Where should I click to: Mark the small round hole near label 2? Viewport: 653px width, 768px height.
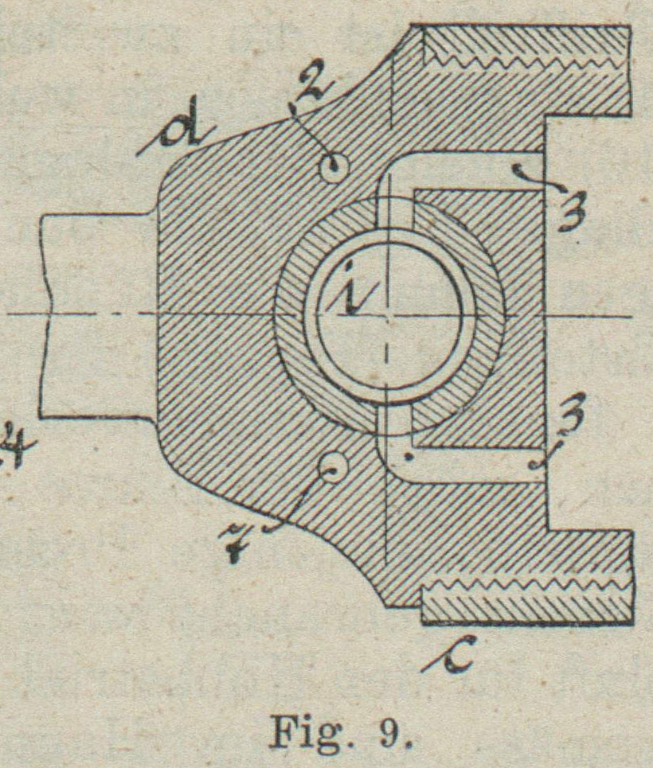tap(332, 166)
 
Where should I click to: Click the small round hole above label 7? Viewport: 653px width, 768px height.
tap(331, 469)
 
